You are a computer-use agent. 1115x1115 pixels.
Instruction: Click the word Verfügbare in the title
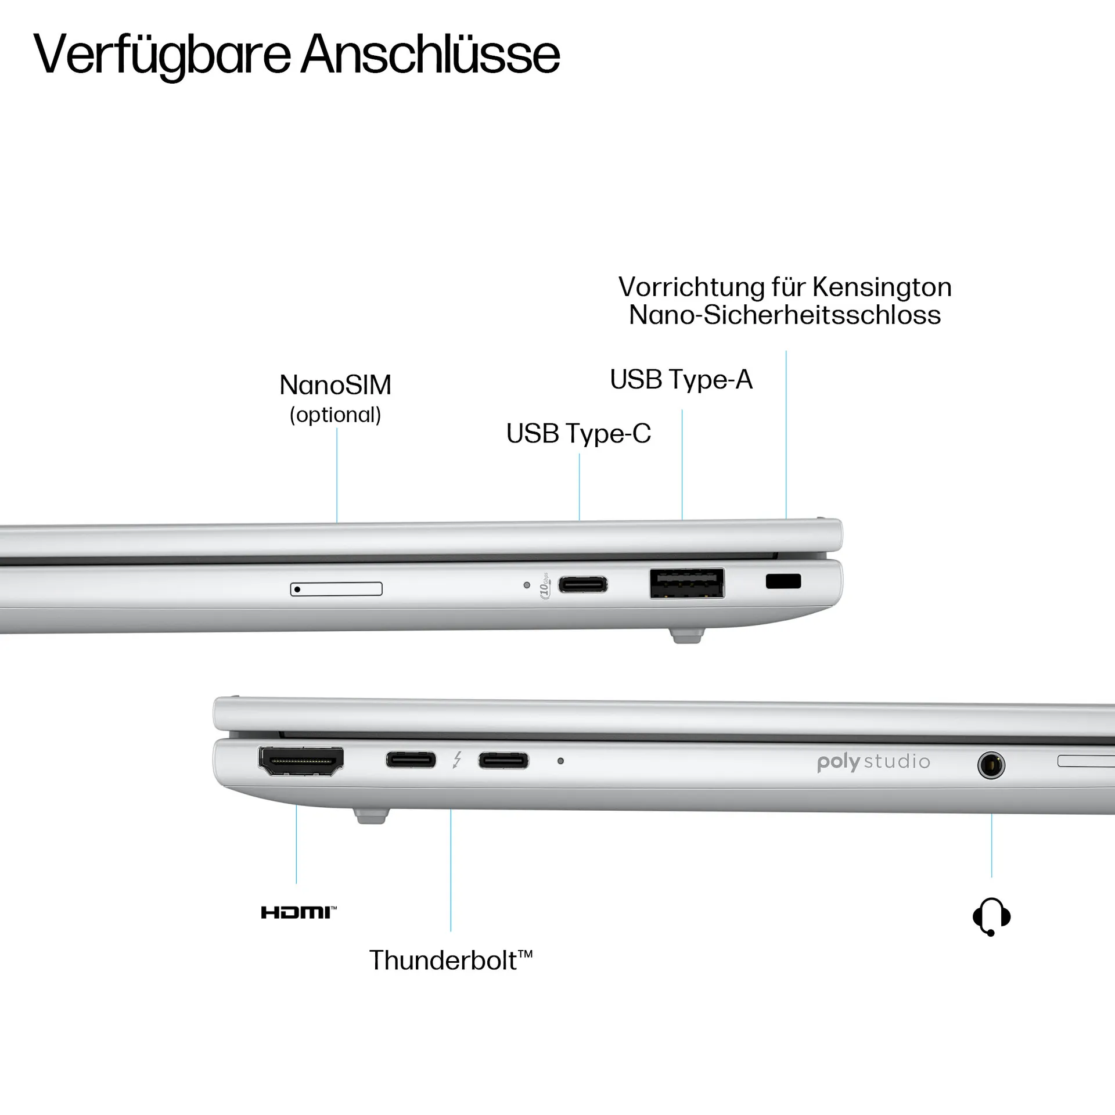tap(162, 55)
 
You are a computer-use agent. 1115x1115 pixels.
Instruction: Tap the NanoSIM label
tap(336, 385)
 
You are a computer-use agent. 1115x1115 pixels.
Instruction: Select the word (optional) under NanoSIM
tap(336, 415)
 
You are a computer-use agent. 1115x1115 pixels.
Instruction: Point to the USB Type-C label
tap(578, 433)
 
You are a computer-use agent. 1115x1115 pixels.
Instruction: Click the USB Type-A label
tap(681, 380)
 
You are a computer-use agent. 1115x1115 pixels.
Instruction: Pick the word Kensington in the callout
tap(882, 287)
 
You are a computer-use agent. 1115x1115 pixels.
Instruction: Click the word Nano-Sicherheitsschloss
tap(785, 315)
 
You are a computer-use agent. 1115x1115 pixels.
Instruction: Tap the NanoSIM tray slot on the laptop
tap(336, 589)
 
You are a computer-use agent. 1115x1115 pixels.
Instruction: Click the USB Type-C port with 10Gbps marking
tap(583, 584)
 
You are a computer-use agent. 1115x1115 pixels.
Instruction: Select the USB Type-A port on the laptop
tap(687, 583)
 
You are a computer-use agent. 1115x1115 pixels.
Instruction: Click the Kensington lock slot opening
tap(783, 581)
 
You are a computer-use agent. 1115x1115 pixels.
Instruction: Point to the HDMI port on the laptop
tap(301, 761)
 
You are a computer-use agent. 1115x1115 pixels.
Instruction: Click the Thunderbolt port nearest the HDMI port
tap(411, 760)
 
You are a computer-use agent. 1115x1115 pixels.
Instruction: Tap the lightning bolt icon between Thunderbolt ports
tap(458, 760)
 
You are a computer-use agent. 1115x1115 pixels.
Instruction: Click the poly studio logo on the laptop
tap(873, 761)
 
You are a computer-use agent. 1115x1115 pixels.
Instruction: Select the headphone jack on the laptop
tap(991, 765)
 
